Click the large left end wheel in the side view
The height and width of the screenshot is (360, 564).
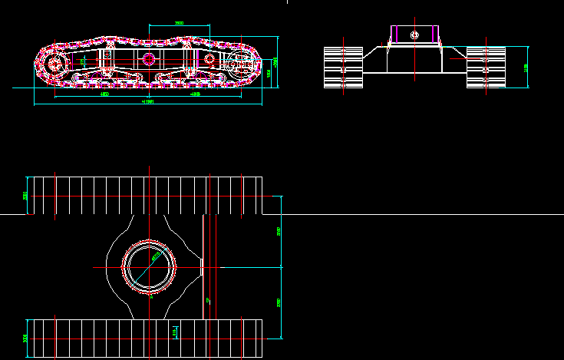(53, 62)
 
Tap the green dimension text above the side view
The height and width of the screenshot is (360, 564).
(179, 23)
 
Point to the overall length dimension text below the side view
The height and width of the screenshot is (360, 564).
(148, 101)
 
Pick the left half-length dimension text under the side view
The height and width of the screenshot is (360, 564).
(104, 94)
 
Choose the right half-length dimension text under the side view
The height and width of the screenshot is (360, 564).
(195, 94)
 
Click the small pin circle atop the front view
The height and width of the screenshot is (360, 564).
(414, 35)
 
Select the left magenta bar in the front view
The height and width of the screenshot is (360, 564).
(394, 35)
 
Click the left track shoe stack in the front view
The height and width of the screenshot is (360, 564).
(343, 68)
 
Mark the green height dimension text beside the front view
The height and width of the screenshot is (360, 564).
(526, 68)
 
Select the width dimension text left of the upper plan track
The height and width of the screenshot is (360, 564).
(25, 196)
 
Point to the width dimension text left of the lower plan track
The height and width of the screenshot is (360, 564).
(25, 338)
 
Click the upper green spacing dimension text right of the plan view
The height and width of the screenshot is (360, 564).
(279, 231)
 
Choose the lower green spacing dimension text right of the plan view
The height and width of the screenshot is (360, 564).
(279, 302)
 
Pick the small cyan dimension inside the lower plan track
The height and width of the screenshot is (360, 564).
(176, 331)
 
